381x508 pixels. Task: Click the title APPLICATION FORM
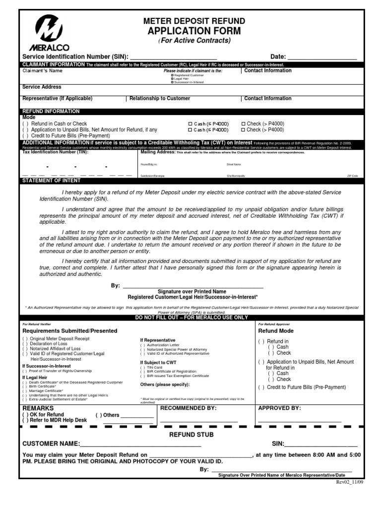pos(194,31)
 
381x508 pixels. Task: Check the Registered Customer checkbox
pos(172,75)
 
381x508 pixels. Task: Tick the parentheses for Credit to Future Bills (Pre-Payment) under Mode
pos(25,135)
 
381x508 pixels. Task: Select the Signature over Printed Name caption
pos(192,291)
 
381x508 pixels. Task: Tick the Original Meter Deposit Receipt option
pos(25,338)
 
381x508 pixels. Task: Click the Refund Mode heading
pos(276,331)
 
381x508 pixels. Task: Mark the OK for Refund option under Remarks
pos(25,414)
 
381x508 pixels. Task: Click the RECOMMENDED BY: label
pos(188,408)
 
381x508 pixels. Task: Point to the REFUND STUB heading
pos(191,435)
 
